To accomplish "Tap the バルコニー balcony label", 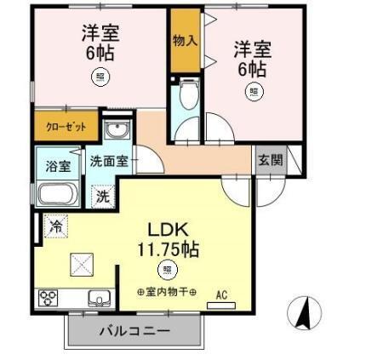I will (x=134, y=330).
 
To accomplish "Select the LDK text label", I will (x=169, y=230).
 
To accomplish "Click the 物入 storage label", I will (x=184, y=41).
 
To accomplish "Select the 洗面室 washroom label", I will (x=110, y=161).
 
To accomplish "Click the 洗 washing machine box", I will (x=102, y=195).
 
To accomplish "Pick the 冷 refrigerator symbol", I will (x=56, y=227).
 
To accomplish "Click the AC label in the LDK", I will (x=222, y=295).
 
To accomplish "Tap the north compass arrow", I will (x=302, y=315).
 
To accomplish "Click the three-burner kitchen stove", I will (x=49, y=299).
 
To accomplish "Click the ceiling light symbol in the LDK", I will (x=168, y=271).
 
